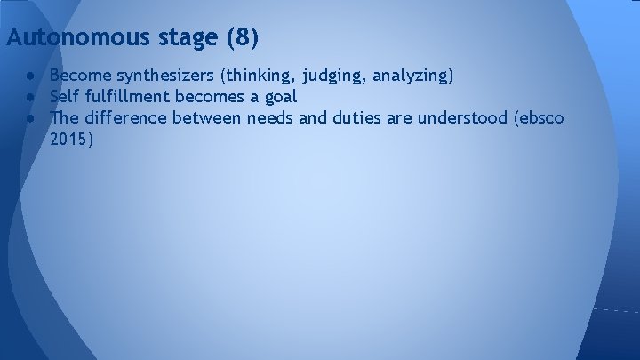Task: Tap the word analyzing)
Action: (x=410, y=76)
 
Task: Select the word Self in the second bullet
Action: (x=65, y=97)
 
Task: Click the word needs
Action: (x=270, y=117)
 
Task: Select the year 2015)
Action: (x=72, y=139)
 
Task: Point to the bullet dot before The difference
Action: (x=30, y=118)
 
